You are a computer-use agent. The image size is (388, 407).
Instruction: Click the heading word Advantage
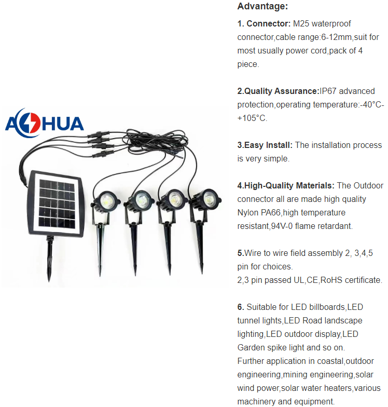click(x=262, y=7)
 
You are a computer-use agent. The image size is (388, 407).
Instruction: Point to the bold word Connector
click(x=268, y=24)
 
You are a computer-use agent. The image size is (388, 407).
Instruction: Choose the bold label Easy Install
click(x=266, y=145)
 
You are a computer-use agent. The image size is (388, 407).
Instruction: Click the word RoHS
click(x=332, y=280)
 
